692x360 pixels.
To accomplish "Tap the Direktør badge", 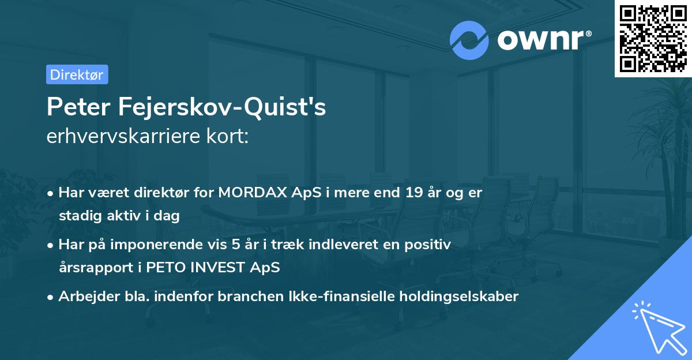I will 77,74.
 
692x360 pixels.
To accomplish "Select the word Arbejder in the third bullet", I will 82,297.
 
